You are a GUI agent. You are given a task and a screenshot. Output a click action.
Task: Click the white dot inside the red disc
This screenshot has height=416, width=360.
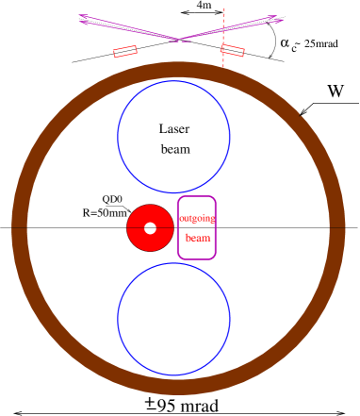click(x=150, y=227)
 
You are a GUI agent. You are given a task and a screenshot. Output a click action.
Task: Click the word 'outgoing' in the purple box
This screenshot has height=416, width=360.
click(x=196, y=218)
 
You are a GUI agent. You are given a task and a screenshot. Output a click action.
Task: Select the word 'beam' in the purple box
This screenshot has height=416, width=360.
click(x=197, y=239)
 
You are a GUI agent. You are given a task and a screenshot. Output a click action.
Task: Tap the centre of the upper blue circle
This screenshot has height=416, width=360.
click(x=173, y=137)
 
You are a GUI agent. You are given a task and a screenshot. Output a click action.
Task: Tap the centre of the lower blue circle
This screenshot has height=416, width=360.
click(x=173, y=319)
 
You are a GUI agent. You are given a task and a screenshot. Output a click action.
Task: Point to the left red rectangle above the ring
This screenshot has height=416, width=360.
click(x=124, y=51)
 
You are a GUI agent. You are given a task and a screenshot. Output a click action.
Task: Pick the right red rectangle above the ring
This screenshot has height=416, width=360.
click(x=233, y=50)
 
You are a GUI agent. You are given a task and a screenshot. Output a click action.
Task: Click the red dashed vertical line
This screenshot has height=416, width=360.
click(x=223, y=38)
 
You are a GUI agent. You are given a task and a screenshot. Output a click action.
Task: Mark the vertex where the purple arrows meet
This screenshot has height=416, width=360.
click(x=178, y=40)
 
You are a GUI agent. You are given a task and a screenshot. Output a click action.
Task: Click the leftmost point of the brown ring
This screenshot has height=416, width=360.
click(x=20, y=228)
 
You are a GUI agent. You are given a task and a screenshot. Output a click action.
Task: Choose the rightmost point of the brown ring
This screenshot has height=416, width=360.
click(x=337, y=228)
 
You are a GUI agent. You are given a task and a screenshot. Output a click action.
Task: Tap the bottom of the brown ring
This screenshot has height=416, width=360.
click(x=178, y=387)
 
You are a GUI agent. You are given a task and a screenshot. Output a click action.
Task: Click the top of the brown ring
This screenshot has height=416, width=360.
click(x=178, y=70)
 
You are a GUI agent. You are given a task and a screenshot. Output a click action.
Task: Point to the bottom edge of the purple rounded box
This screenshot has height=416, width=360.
click(x=196, y=258)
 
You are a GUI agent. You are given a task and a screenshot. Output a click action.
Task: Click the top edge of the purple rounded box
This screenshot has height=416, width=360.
click(x=196, y=196)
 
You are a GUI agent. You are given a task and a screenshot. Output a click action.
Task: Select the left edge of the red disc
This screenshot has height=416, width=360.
click(x=128, y=227)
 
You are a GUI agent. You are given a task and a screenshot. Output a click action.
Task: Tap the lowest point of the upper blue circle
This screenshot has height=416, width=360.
click(x=173, y=192)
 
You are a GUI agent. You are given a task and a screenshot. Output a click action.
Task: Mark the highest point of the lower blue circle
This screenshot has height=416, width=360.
click(x=173, y=263)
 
